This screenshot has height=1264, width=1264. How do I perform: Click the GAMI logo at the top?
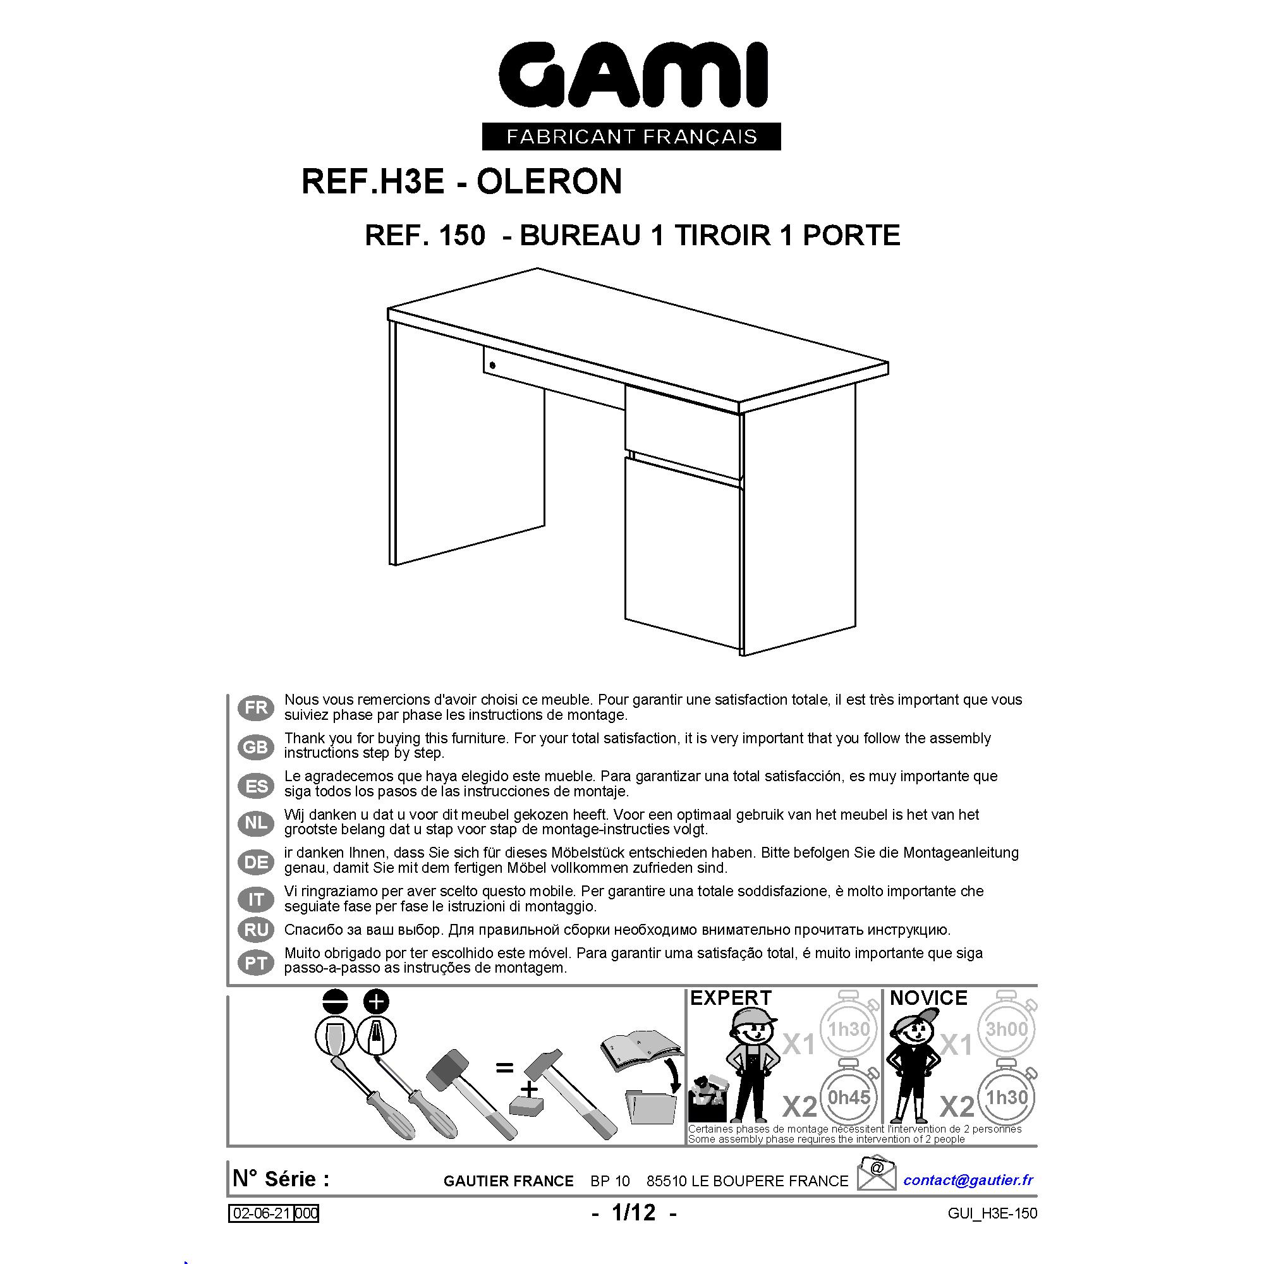[633, 75]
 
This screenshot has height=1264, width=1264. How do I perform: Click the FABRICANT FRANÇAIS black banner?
[631, 136]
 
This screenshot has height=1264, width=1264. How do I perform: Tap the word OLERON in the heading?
[549, 181]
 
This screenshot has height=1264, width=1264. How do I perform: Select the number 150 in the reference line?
[462, 236]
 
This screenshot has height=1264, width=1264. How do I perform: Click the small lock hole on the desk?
[493, 365]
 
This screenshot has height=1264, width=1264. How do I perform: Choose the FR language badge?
[256, 708]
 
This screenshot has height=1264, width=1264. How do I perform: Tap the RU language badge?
[256, 930]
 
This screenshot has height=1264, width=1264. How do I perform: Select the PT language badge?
[256, 963]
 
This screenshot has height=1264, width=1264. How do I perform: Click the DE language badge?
[256, 862]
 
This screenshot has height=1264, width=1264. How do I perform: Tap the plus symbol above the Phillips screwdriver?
[376, 1002]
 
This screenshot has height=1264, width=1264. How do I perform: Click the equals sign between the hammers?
[504, 1068]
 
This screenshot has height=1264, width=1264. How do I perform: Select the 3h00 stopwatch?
[1007, 1028]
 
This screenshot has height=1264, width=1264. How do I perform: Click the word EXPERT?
[731, 999]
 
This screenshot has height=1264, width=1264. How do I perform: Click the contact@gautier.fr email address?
[968, 1179]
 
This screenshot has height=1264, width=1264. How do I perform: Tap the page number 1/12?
[633, 1213]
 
